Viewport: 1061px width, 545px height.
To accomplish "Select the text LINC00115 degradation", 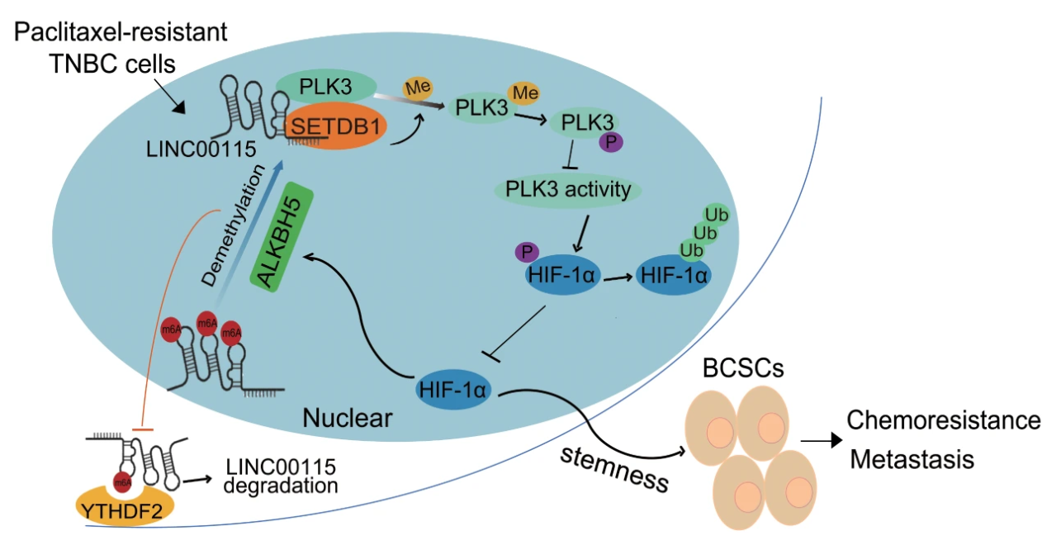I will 280,476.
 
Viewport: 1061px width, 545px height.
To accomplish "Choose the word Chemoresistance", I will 944,420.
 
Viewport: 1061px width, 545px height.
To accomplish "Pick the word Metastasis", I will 912,458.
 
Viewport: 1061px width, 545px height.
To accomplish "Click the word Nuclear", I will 347,419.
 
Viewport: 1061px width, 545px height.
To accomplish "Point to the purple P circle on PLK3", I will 612,142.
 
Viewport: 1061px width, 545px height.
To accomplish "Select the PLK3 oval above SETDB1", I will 325,86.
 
